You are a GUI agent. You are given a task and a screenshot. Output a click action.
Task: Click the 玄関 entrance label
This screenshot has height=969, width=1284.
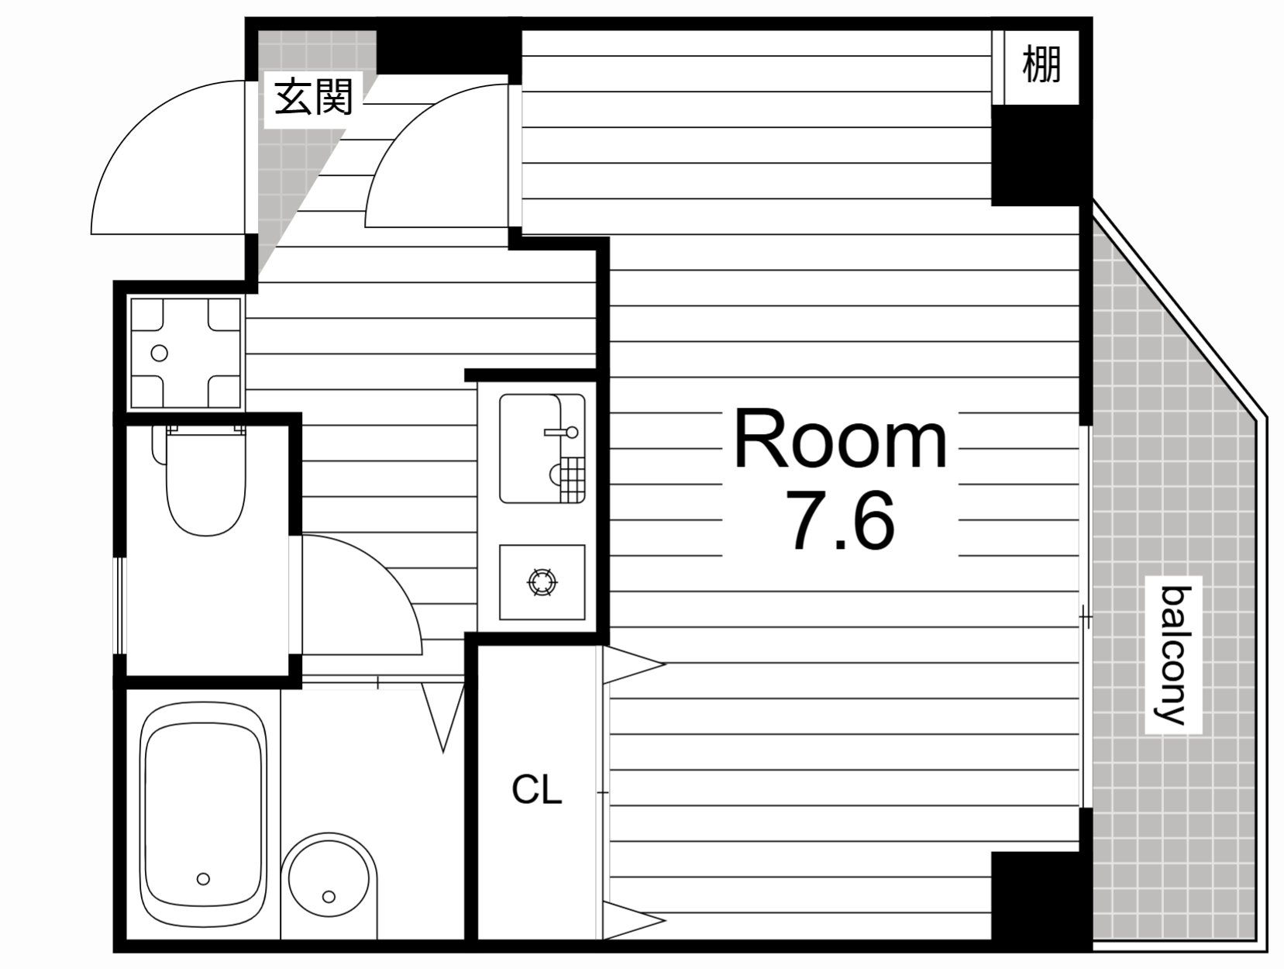pos(314,97)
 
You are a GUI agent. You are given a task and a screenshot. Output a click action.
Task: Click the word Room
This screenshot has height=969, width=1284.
pos(840,440)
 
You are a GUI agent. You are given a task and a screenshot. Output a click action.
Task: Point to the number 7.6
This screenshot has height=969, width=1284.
pos(843,520)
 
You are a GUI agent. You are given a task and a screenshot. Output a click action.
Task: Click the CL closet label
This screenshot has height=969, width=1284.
pos(536,790)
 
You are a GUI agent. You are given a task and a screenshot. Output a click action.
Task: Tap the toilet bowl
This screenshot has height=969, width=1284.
pos(206,481)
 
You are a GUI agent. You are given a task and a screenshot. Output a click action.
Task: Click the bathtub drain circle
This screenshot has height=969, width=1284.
pos(203,879)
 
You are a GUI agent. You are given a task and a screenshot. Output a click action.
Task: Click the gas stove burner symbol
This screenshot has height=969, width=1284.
pos(542,582)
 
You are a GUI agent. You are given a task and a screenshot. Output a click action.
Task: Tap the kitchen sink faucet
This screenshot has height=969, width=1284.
pos(562,433)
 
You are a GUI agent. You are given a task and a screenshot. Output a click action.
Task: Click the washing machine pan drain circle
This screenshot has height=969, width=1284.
pos(159,353)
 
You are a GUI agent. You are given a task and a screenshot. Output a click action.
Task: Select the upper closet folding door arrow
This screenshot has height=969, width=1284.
pos(634,664)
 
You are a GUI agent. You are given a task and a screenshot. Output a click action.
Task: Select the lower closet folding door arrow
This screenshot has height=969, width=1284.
pos(634,920)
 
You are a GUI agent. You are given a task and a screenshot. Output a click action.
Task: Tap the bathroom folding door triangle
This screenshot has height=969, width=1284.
pos(443,718)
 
